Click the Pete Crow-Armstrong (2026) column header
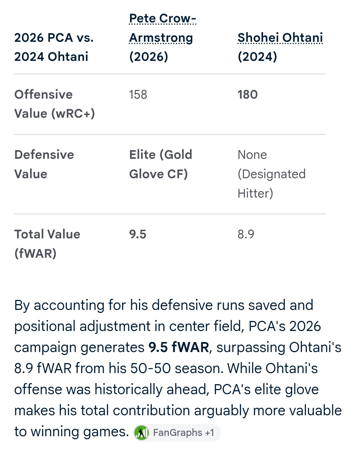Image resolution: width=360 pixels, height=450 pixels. [163, 38]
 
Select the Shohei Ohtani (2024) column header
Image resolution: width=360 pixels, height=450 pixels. [280, 47]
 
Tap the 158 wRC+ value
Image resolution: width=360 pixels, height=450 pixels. [138, 95]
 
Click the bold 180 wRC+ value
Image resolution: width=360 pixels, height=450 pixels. [248, 95]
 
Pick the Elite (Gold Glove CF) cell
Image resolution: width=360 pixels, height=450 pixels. [160, 164]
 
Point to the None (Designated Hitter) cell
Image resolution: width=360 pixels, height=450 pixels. [271, 174]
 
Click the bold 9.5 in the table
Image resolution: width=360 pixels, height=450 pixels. [138, 234]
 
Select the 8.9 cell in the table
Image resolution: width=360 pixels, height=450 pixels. [246, 234]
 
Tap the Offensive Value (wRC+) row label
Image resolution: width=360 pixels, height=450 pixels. [54, 104]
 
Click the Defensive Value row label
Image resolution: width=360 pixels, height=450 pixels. [44, 164]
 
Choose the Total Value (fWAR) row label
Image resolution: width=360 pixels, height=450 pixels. [47, 244]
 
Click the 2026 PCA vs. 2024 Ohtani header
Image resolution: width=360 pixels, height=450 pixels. [54, 47]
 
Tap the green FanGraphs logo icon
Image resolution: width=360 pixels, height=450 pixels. [141, 433]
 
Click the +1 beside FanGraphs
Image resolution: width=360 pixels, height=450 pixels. [210, 433]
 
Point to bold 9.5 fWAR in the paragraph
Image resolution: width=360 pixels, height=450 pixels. [179, 347]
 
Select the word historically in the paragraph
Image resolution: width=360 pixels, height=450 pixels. [128, 389]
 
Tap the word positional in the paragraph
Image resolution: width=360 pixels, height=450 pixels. [44, 326]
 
